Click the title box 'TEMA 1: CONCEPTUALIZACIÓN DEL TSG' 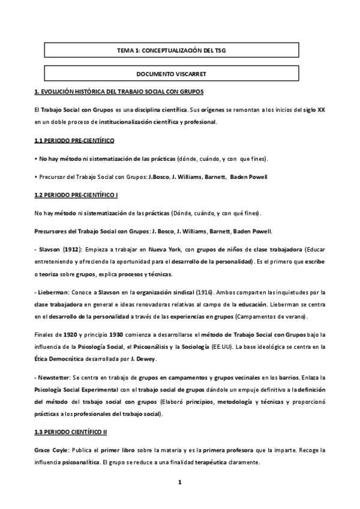pyautogui.click(x=172, y=52)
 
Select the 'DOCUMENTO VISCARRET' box pyautogui.click(x=172, y=74)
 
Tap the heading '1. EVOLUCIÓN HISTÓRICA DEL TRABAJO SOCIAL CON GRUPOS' pyautogui.click(x=119, y=91)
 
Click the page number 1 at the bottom pyautogui.click(x=179, y=482)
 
